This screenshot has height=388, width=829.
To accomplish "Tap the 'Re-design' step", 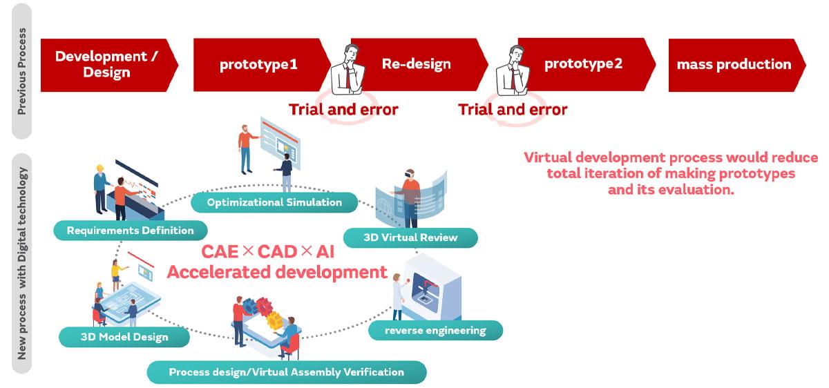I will pos(417,64).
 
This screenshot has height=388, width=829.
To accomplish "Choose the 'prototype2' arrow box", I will pos(583,64).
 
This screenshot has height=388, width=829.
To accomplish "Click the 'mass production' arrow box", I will pos(734,64).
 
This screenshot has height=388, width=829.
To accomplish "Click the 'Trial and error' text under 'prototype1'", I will pos(343,109).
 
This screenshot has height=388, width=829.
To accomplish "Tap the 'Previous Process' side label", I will pos(22,70).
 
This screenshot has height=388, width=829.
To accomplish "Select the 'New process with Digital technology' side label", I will pos(22,263).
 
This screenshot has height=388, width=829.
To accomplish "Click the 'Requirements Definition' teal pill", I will pos(130,230).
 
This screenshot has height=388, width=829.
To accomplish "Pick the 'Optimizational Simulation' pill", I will pos(274,202).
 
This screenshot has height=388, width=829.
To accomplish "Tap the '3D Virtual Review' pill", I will pos(410,237).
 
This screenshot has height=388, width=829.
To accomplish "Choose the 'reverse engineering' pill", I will pos(435,331).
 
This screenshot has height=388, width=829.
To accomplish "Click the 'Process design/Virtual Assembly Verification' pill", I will pos(286,372).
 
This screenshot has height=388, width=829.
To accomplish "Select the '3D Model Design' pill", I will pos(124,337).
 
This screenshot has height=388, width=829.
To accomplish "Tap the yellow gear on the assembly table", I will pos(274,319).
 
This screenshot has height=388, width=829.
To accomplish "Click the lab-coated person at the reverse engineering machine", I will pos(397,295).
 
